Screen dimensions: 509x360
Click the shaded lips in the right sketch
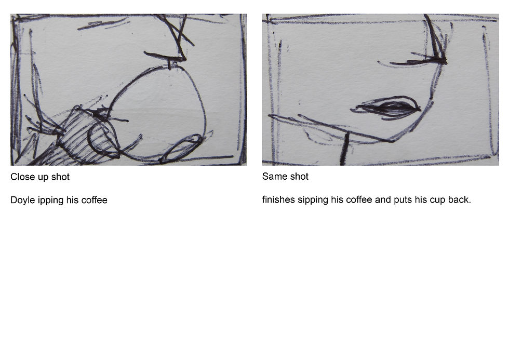coord(387,108)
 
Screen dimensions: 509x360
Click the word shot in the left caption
coord(60,177)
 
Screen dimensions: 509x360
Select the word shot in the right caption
coord(299,176)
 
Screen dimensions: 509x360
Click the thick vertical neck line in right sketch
coord(344,149)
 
